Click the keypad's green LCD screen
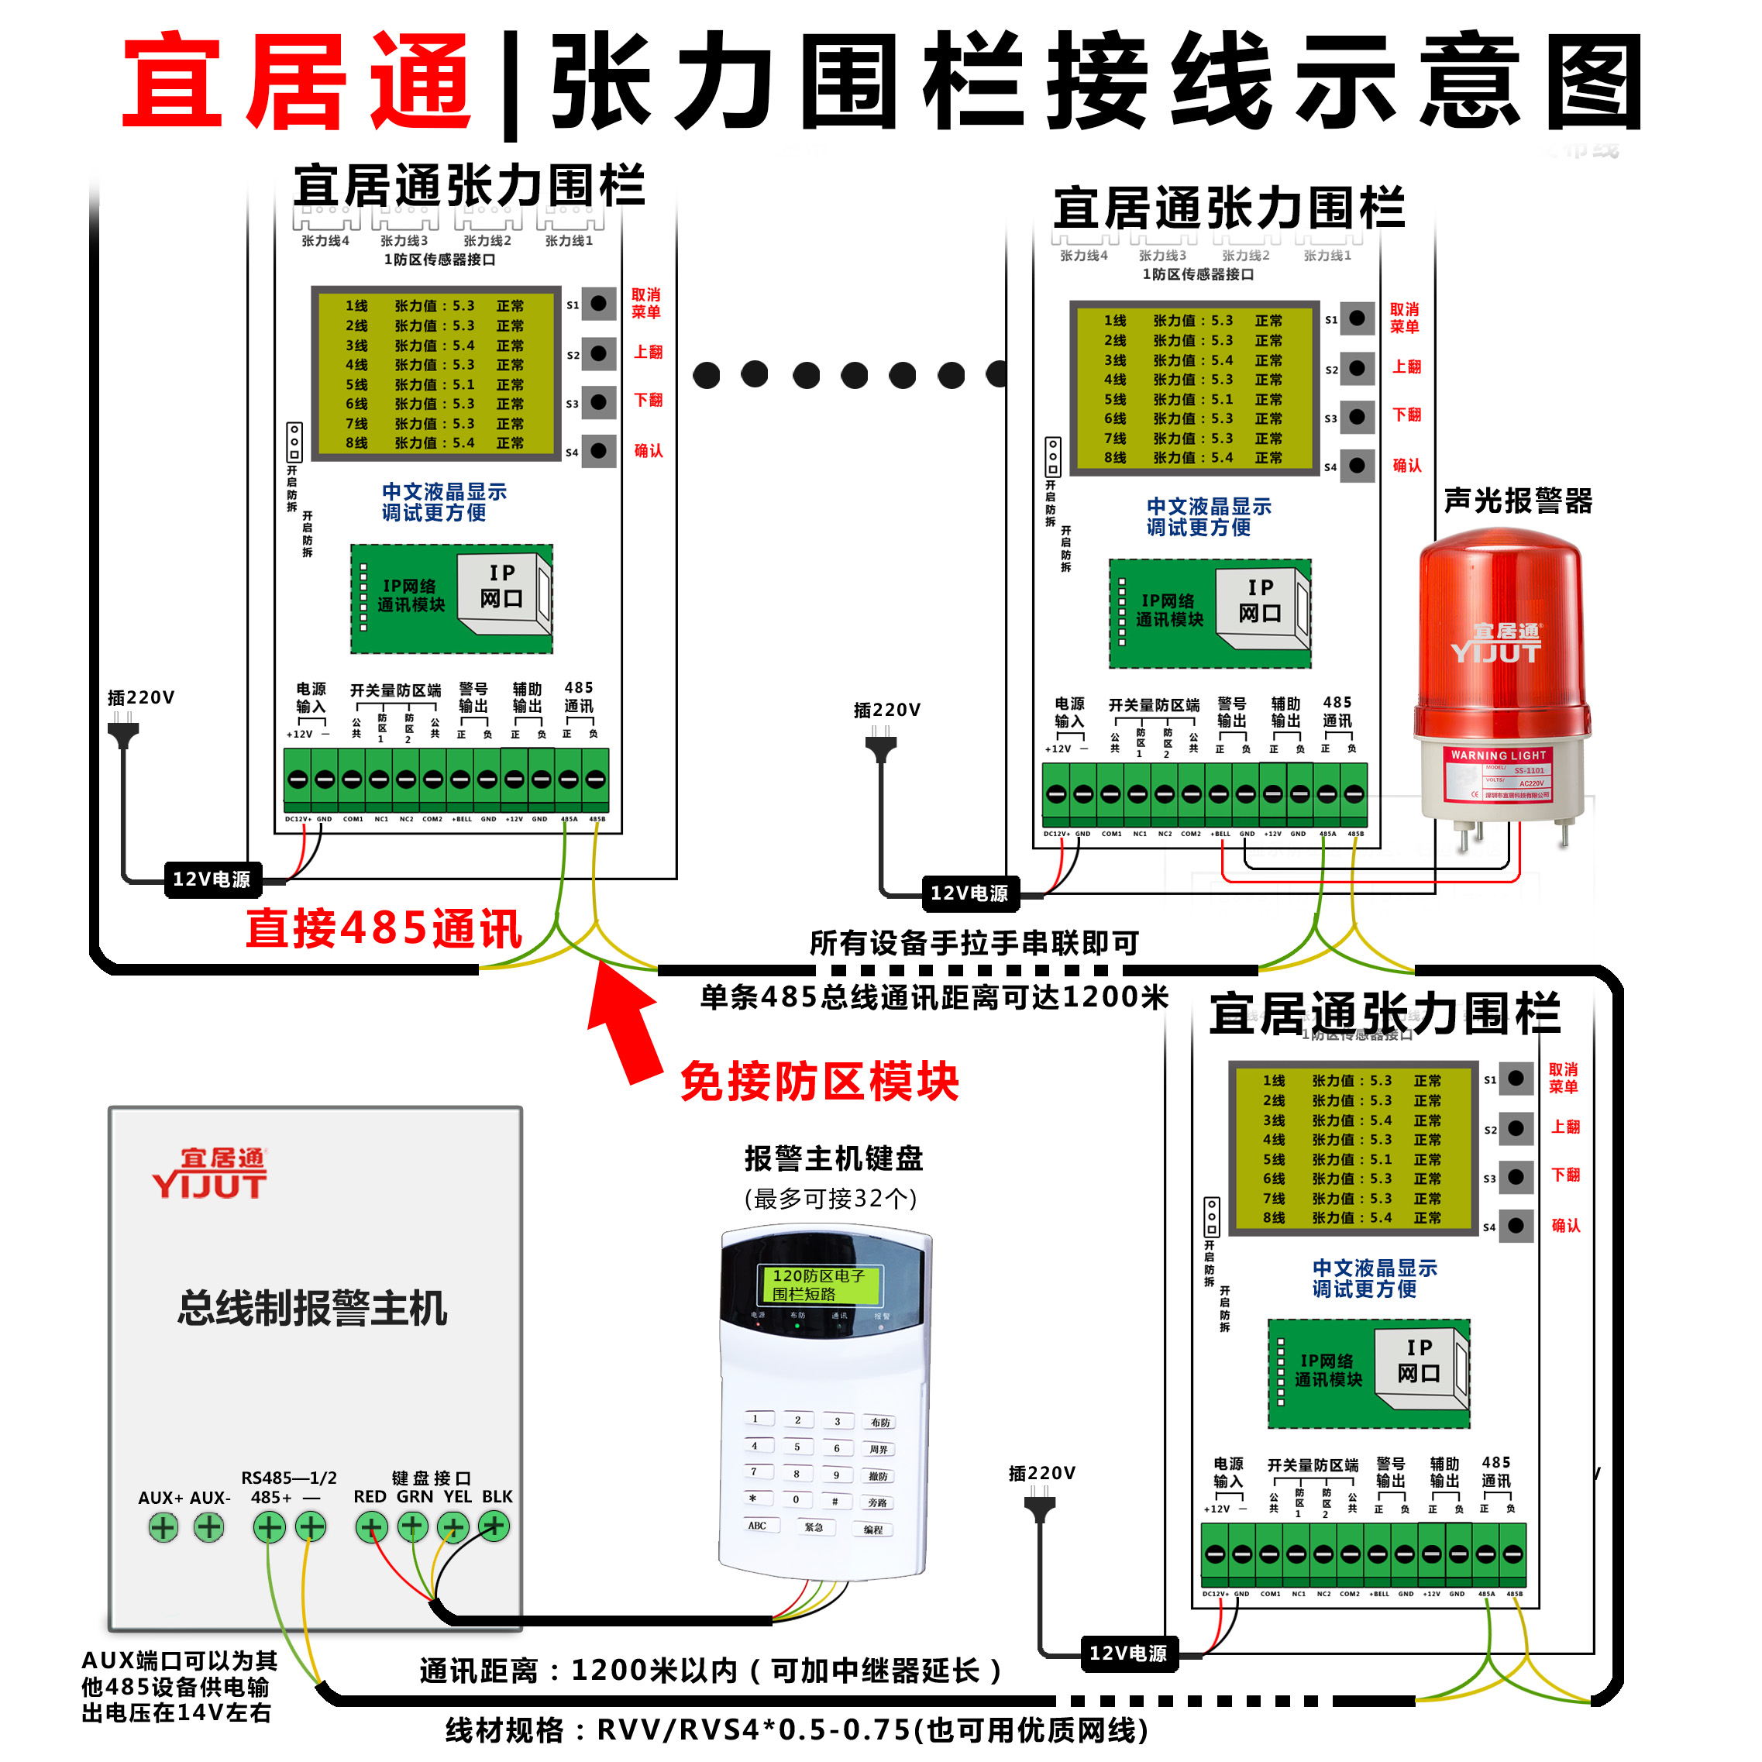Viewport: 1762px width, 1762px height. pyautogui.click(x=820, y=1284)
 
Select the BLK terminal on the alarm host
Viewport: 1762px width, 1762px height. pyautogui.click(x=494, y=1526)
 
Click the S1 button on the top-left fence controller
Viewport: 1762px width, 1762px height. pyautogui.click(x=598, y=303)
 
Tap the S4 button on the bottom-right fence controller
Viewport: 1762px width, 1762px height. pyautogui.click(x=1515, y=1225)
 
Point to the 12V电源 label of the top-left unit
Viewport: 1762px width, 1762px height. pyautogui.click(x=212, y=879)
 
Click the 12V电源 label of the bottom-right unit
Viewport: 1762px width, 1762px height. pyautogui.click(x=1128, y=1654)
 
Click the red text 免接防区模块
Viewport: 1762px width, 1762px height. pyautogui.click(x=819, y=1082)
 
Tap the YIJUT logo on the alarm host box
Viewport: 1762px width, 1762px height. pyautogui.click(x=210, y=1174)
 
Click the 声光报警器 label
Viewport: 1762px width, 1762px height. pyautogui.click(x=1518, y=501)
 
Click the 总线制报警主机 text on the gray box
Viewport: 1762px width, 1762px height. pyautogui.click(x=312, y=1308)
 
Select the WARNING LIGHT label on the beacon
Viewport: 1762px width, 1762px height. pyautogui.click(x=1499, y=755)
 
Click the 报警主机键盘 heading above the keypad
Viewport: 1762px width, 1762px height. pyautogui.click(x=834, y=1158)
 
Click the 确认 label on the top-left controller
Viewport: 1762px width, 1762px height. pyautogui.click(x=649, y=450)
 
